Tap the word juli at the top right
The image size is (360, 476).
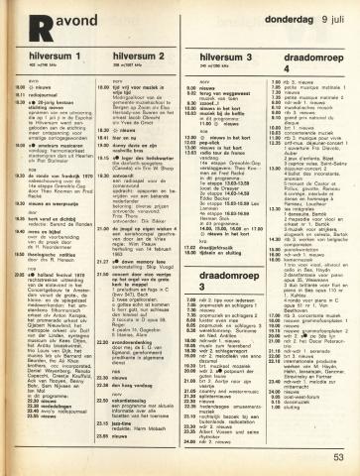[337, 11]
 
